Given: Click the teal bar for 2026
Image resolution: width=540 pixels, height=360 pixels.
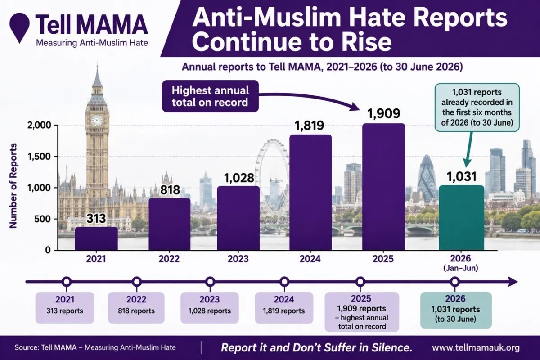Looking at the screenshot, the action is [461, 218].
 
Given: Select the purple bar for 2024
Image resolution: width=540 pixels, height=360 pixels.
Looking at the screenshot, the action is [310, 193].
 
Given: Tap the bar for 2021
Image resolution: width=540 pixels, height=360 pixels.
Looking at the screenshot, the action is [96, 238].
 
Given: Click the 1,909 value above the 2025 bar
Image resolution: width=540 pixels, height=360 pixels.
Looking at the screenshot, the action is [384, 113].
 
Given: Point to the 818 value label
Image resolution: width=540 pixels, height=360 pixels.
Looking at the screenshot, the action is [170, 190].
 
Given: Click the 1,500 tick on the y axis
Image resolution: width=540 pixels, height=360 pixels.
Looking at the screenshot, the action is [39, 157].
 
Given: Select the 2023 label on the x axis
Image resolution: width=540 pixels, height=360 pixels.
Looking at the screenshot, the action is [238, 259].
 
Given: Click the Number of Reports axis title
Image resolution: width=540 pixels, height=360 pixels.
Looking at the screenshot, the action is [13, 186].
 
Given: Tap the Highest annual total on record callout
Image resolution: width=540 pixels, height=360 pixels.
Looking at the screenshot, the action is [210, 96].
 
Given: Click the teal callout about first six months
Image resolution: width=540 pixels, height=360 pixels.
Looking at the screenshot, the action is [477, 108].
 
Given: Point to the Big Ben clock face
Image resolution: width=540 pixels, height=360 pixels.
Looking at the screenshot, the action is [97, 120].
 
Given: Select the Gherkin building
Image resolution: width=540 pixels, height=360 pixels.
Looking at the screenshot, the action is [427, 179].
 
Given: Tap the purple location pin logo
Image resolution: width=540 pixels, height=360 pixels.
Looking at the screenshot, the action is [19, 28].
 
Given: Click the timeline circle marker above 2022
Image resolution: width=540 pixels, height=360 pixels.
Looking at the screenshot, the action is [137, 282].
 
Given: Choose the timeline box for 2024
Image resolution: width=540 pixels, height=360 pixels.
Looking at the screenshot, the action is [284, 308].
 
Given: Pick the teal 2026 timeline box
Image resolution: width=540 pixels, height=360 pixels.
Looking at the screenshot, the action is [456, 310].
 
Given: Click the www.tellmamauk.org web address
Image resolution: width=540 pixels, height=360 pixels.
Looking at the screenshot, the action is [476, 348].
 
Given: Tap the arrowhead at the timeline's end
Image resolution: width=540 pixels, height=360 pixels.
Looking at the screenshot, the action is [513, 282].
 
